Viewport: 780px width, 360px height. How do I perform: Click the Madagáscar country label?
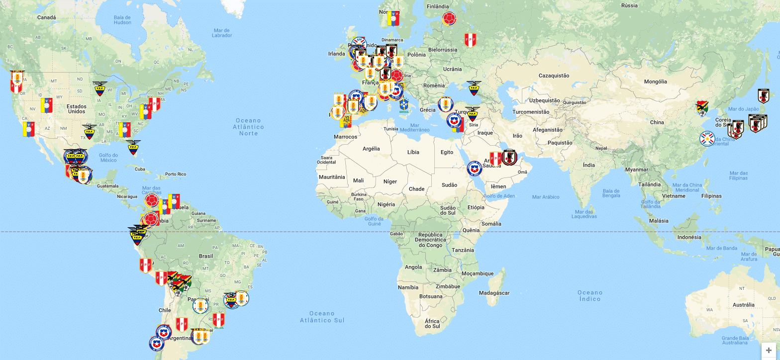click(494, 293)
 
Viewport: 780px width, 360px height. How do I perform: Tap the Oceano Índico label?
click(590, 295)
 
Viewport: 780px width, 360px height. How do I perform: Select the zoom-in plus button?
click(769, 351)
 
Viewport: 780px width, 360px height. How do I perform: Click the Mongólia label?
click(655, 82)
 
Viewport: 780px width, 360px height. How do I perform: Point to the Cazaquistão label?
click(554, 76)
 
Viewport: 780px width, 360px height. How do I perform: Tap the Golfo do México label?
click(108, 158)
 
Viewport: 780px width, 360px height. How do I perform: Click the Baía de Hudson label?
click(122, 19)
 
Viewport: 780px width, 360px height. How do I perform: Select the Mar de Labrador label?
click(222, 33)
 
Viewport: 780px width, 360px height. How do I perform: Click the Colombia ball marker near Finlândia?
click(449, 19)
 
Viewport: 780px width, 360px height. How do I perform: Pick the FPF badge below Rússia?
click(470, 40)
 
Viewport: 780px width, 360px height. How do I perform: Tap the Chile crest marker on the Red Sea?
click(474, 170)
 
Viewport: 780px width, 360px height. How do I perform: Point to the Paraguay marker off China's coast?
click(707, 138)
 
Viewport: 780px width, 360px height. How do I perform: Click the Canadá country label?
click(47, 17)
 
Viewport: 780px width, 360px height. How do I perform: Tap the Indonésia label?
click(689, 237)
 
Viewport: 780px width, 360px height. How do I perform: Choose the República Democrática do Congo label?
click(430, 240)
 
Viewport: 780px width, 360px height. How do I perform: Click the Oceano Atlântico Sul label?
click(322, 317)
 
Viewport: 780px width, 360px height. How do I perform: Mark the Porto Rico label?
click(175, 174)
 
